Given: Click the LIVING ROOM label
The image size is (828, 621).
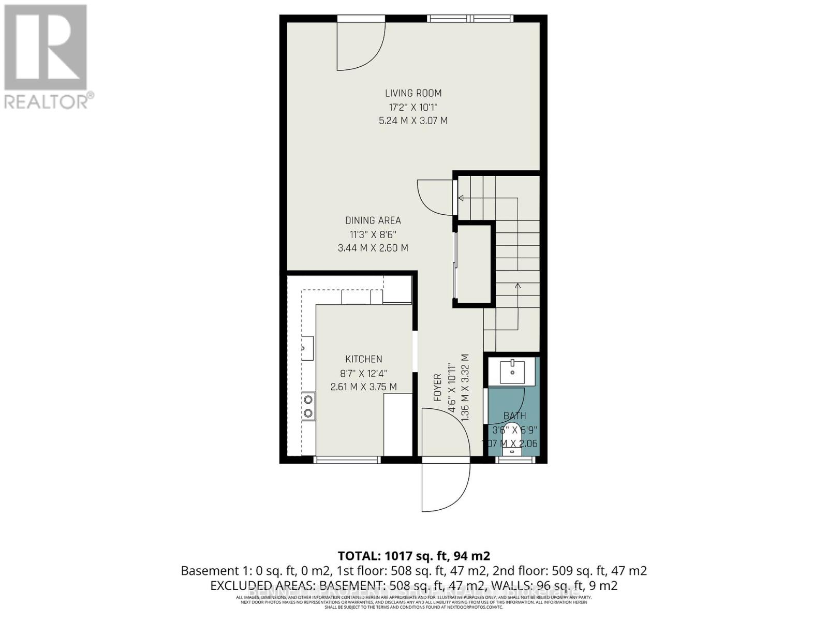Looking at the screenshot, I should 413,93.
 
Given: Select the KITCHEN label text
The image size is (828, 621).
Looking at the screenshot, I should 364,359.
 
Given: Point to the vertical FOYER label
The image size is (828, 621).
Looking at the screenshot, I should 438,388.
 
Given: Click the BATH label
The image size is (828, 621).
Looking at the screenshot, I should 514,416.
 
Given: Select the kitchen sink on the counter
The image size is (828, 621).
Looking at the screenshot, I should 307,348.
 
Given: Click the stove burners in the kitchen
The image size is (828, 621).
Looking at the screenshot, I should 308,406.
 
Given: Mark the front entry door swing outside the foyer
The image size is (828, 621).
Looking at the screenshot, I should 445,486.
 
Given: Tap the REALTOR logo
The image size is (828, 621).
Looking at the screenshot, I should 47,57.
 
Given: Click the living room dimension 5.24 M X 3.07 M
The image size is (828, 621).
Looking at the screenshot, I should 413,121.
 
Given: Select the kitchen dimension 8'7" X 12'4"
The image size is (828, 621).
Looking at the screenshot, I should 364,373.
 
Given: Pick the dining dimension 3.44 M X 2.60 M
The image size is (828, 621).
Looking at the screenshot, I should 373,248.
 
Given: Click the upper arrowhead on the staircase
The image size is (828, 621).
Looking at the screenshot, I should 461,198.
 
